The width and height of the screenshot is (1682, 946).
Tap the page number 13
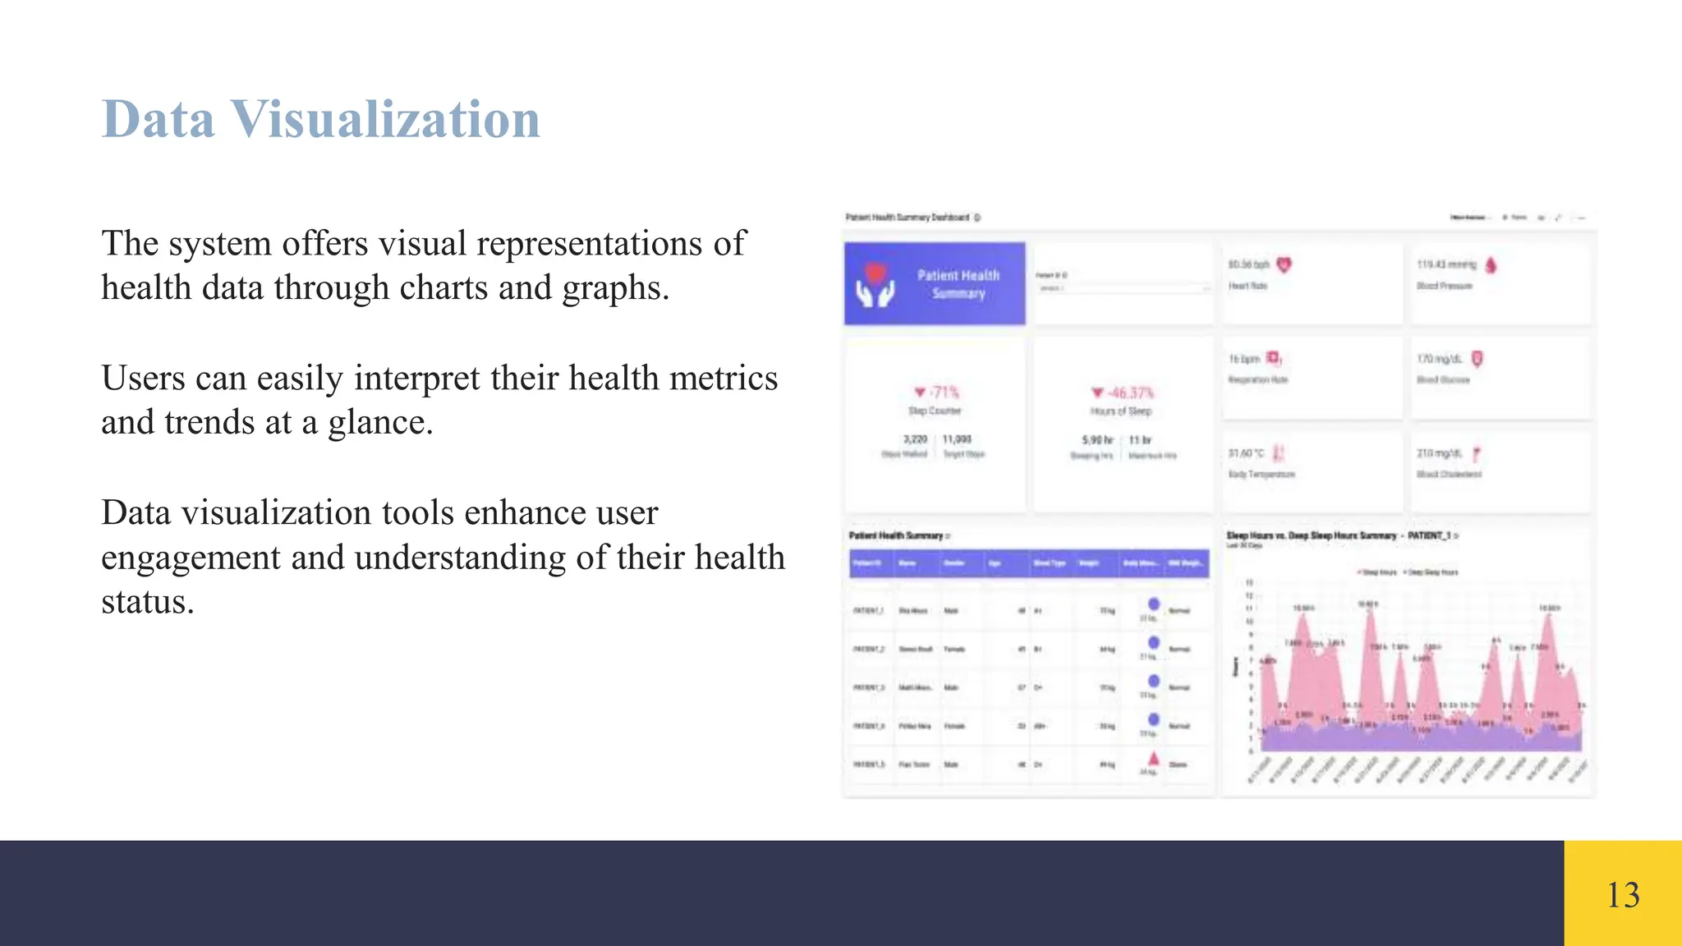pyautogui.click(x=1622, y=895)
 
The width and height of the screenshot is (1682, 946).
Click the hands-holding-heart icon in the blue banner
pyautogui.click(x=875, y=284)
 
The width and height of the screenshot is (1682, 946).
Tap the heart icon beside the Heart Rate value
pyautogui.click(x=1284, y=264)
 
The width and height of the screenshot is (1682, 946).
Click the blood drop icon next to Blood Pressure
pyautogui.click(x=1491, y=264)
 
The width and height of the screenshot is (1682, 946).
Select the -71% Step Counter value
pyautogui.click(x=937, y=393)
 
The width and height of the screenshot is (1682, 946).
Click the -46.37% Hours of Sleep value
pyautogui.click(x=1123, y=393)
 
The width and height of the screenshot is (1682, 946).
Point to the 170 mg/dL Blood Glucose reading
pyautogui.click(x=1439, y=359)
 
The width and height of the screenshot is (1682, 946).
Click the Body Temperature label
pyautogui.click(x=1261, y=475)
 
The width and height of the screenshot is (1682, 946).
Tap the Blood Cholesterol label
pyautogui.click(x=1449, y=475)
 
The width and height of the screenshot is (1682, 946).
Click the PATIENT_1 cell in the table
pyautogui.click(x=868, y=611)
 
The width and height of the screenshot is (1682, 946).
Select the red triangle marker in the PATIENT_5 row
pyautogui.click(x=1153, y=758)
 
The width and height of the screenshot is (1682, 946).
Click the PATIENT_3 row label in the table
pyautogui.click(x=868, y=687)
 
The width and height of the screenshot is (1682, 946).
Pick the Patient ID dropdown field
pyautogui.click(x=1123, y=288)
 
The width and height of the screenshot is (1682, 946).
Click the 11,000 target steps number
pyautogui.click(x=957, y=439)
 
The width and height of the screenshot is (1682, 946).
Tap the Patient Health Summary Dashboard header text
pyautogui.click(x=908, y=218)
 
